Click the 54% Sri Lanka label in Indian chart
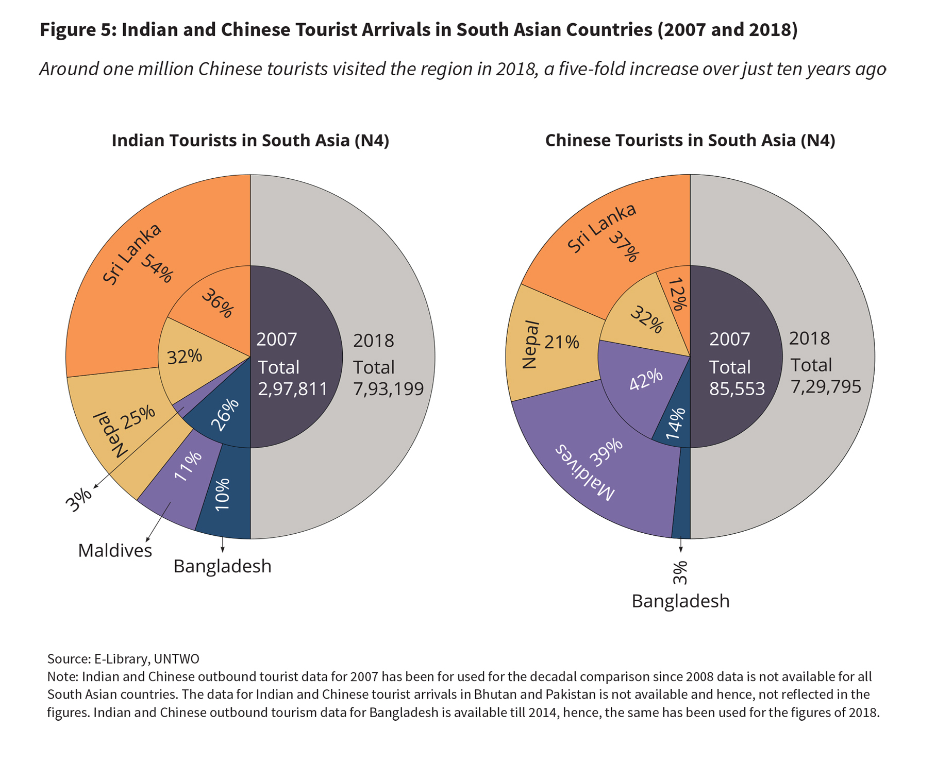(156, 268)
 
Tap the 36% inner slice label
(218, 303)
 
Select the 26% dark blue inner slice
(225, 415)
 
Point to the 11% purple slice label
(188, 466)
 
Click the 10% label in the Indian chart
(223, 495)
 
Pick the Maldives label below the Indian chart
(115, 551)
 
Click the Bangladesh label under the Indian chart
(222, 566)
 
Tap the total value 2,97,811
(292, 389)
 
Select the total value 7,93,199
(388, 389)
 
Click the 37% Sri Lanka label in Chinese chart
(624, 246)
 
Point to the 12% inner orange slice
(676, 295)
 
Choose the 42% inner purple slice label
(646, 380)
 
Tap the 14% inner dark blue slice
(675, 424)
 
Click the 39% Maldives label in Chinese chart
(606, 452)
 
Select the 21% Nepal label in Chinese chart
(561, 342)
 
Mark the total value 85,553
(737, 389)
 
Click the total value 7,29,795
(826, 386)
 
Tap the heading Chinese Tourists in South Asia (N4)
(690, 140)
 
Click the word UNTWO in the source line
(176, 658)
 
